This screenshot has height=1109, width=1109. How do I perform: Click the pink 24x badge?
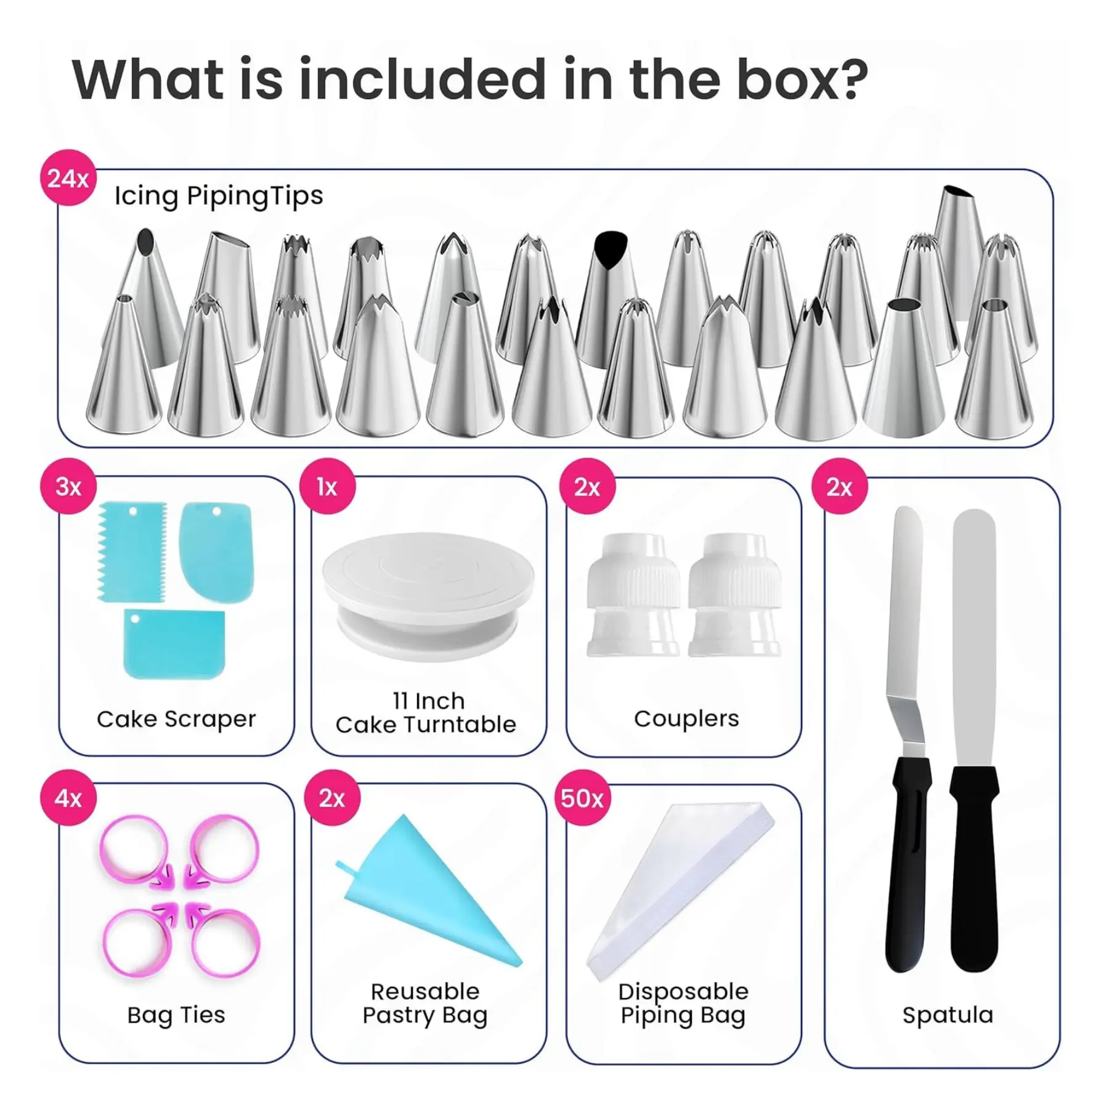[68, 178]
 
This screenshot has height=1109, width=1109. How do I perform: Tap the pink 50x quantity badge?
[582, 798]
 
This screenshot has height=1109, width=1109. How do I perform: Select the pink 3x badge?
[68, 487]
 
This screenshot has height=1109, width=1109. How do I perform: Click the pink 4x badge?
[68, 798]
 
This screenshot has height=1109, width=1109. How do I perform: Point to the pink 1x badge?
[327, 487]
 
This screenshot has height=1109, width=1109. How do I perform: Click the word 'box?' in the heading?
[803, 79]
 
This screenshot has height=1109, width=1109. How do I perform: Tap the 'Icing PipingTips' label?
[219, 196]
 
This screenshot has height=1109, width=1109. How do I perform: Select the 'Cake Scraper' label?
[176, 719]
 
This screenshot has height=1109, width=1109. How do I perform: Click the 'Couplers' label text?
[686, 718]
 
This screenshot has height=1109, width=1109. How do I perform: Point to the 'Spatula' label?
[948, 1015]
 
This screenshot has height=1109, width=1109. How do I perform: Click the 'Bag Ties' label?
[176, 1015]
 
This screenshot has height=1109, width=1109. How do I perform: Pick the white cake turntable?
[429, 595]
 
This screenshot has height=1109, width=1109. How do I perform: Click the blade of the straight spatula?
[974, 638]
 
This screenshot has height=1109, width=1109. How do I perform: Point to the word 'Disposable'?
[683, 991]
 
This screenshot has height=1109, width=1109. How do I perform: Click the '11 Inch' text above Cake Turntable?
[429, 701]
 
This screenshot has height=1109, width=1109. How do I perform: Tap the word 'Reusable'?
[425, 991]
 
